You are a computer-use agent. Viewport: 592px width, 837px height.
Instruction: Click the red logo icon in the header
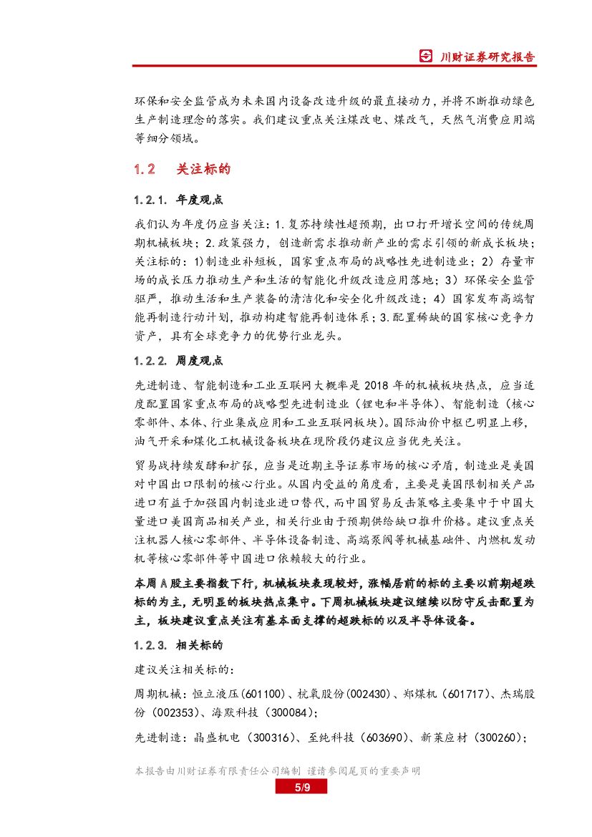[426, 57]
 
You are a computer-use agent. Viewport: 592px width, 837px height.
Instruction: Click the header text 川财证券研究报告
[487, 57]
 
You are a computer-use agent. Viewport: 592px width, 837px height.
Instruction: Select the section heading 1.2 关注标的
[182, 169]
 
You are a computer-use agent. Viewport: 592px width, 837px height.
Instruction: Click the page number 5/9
[301, 788]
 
